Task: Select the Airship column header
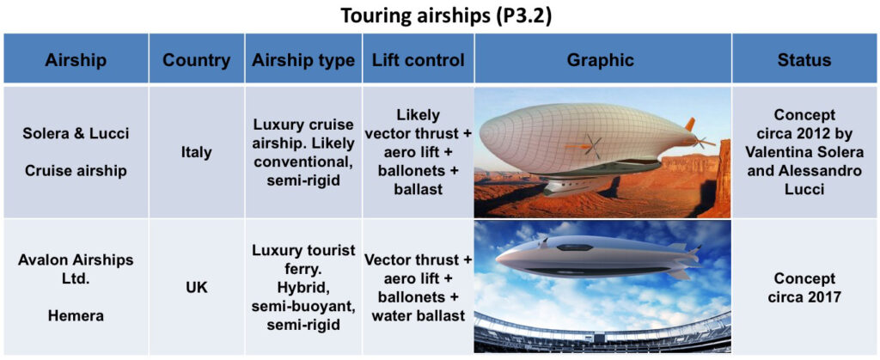(x=76, y=59)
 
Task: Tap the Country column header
(x=197, y=59)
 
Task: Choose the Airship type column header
(x=303, y=59)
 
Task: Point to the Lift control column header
(x=419, y=59)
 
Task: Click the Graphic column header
(x=602, y=59)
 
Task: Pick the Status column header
(x=804, y=59)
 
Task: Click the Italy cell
(x=197, y=153)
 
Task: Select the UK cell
(x=197, y=288)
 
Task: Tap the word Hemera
(x=76, y=316)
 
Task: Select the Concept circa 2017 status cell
(x=804, y=287)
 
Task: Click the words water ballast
(x=419, y=315)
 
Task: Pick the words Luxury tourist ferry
(x=303, y=260)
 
